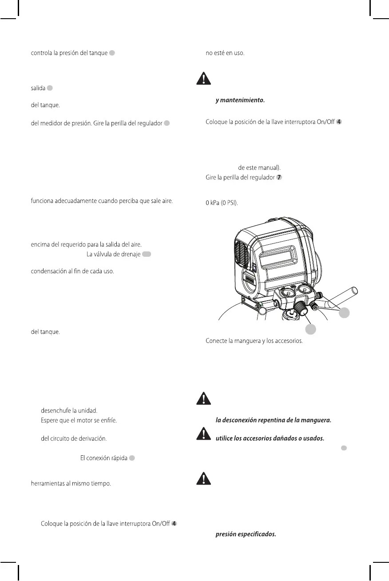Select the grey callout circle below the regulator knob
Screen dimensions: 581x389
pyautogui.click(x=310, y=329)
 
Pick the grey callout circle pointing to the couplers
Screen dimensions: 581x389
pyautogui.click(x=344, y=313)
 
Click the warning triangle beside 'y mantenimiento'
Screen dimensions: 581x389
pyautogui.click(x=203, y=79)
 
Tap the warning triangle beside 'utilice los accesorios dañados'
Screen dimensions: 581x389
pyautogui.click(x=203, y=433)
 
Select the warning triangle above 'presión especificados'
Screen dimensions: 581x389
pyautogui.click(x=203, y=478)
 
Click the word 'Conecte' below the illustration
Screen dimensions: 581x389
pyautogui.click(x=217, y=341)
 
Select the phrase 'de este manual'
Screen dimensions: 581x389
pyautogui.click(x=259, y=168)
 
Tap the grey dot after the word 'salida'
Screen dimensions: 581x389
pyautogui.click(x=50, y=88)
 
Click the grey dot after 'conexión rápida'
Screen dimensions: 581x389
pyautogui.click(x=132, y=458)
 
